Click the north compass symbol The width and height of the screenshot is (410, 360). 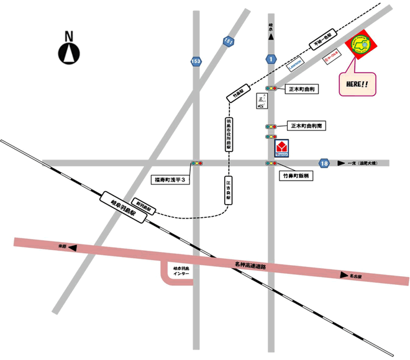[68, 53]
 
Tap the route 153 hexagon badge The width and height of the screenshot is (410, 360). [196, 61]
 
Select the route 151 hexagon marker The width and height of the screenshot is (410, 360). [229, 41]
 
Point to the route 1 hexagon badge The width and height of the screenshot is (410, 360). [271, 59]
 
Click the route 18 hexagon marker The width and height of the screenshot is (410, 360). [324, 163]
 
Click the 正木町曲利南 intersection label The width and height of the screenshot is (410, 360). [309, 126]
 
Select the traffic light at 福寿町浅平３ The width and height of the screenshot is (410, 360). [197, 163]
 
